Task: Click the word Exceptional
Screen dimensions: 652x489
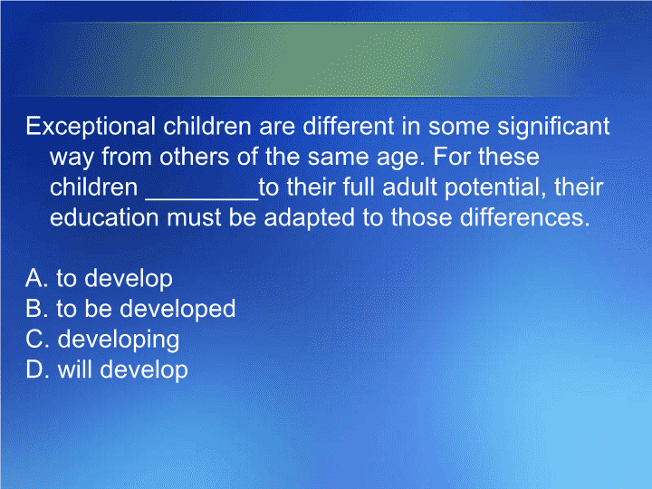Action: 91,127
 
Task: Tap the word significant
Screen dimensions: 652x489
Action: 553,127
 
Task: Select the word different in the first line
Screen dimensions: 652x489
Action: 349,126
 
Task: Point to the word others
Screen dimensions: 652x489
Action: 194,157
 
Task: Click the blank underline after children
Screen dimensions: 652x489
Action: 202,200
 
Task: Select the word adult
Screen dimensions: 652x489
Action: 409,187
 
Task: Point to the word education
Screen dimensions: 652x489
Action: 104,217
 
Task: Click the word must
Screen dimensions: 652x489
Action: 194,218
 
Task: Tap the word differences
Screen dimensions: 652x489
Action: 524,217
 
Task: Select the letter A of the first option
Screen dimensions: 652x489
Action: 34,278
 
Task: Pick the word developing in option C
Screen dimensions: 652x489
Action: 119,340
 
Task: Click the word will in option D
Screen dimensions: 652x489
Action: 75,369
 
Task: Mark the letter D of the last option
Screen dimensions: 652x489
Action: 34,369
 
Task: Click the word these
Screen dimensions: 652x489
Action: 509,157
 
